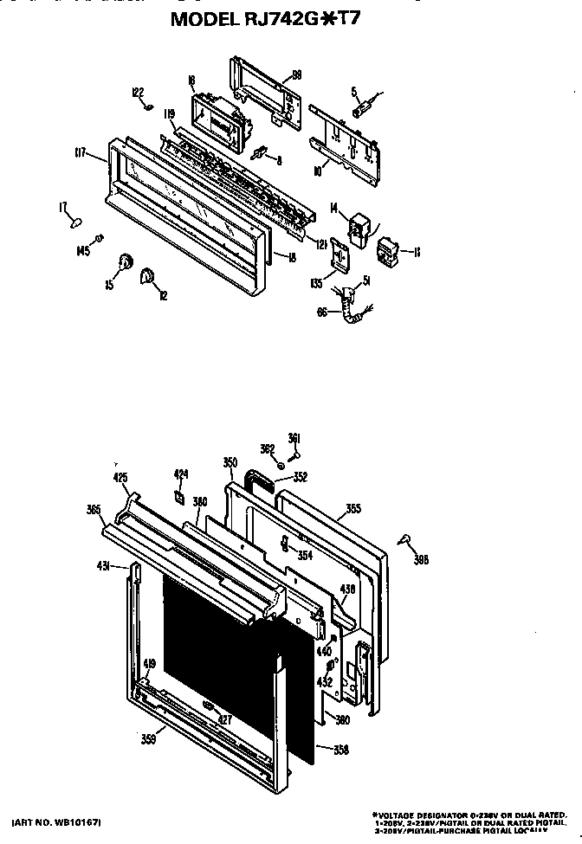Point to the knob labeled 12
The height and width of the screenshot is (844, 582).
146,275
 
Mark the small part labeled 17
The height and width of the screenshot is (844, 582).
76,222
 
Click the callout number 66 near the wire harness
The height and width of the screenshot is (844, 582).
321,312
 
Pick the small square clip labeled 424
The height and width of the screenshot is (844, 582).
178,496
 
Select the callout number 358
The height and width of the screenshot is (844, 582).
341,751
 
